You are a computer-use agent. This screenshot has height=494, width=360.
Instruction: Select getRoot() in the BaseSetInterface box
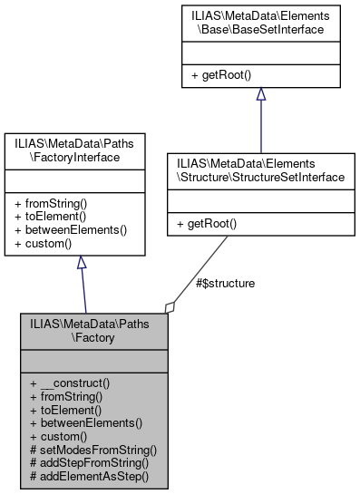click(x=221, y=74)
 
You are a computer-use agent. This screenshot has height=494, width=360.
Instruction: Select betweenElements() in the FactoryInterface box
click(x=71, y=229)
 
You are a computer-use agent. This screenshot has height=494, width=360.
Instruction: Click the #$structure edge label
click(x=225, y=284)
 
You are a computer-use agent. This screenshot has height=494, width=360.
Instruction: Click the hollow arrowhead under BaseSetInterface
click(x=260, y=94)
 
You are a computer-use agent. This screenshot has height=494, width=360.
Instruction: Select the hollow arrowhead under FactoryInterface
click(x=82, y=263)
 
